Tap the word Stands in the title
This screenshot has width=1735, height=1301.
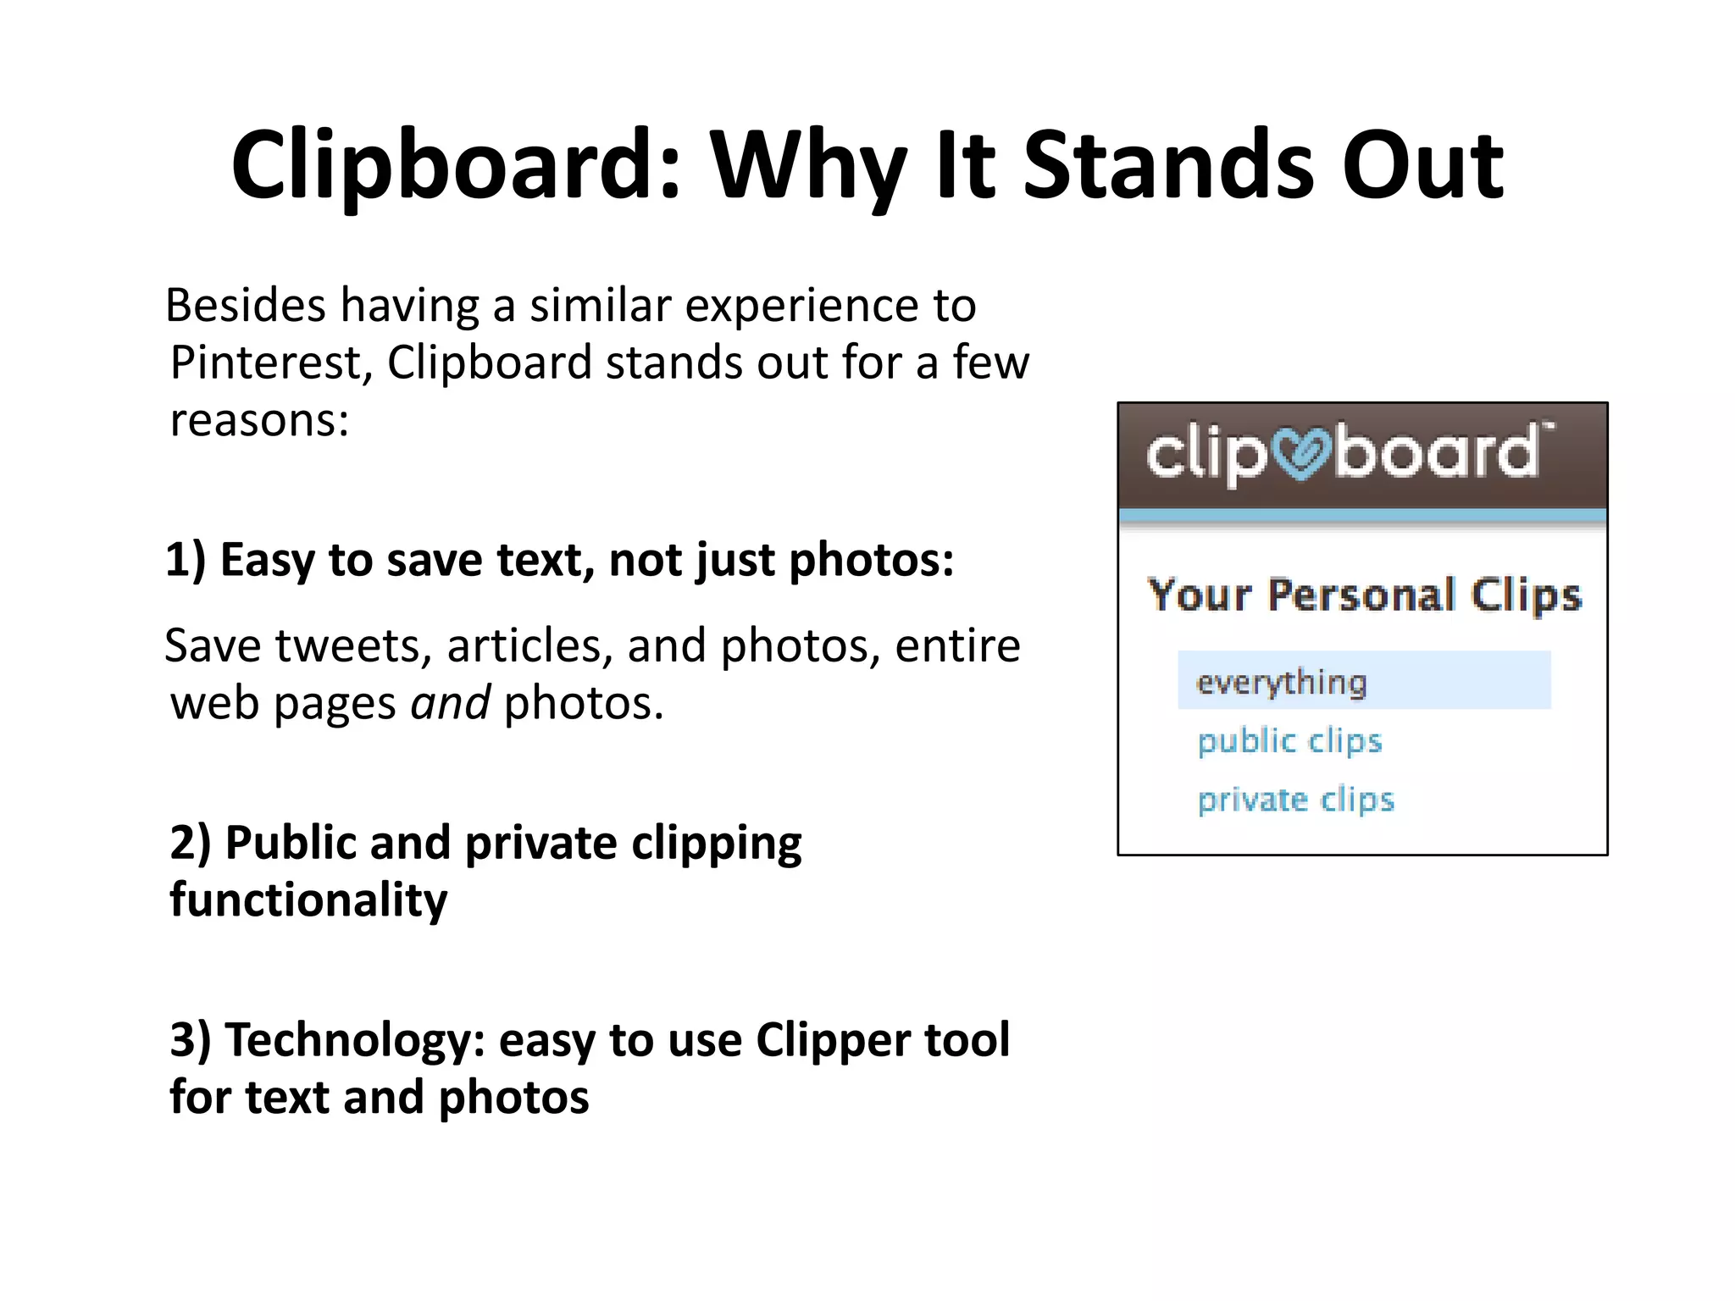[1169, 166]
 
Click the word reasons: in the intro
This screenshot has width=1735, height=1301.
[259, 420]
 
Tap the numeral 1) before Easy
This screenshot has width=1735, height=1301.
[186, 561]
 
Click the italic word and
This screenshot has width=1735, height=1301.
[450, 704]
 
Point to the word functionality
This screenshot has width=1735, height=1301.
[308, 900]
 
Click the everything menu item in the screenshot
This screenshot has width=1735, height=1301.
[1281, 682]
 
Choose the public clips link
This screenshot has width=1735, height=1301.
[1289, 741]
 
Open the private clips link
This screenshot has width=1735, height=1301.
[1295, 800]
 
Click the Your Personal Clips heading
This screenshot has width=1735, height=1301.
[1364, 595]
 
